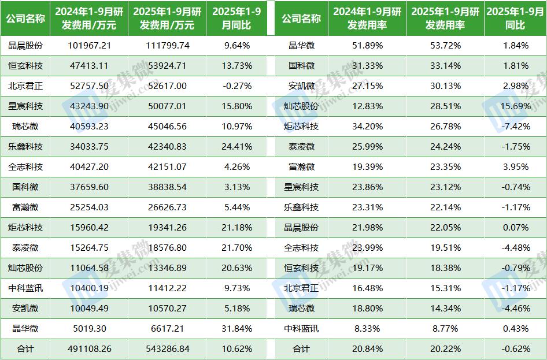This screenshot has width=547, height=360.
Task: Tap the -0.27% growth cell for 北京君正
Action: tap(236, 86)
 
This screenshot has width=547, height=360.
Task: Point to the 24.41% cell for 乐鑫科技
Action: tap(236, 147)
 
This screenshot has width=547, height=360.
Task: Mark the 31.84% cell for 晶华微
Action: tap(236, 329)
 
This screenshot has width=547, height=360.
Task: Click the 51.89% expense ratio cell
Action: tap(366, 46)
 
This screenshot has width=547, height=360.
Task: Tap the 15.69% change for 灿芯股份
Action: tap(515, 106)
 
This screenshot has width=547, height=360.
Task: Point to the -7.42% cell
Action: tap(515, 127)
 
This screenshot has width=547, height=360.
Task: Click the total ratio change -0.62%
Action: tap(515, 349)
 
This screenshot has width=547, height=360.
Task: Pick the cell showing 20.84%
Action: tap(366, 349)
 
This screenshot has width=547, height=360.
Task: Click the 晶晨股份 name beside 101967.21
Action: tap(25, 46)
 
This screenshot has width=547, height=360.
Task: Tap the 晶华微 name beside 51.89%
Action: tap(301, 46)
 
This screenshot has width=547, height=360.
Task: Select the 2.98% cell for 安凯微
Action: tap(515, 86)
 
